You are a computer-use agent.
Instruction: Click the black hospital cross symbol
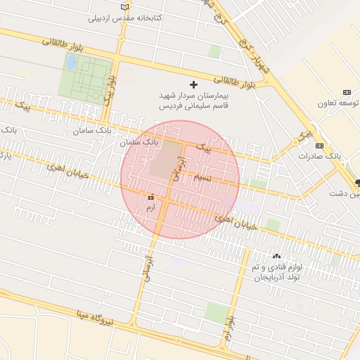pos(194,84)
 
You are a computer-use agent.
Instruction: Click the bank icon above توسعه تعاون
pos(346,93)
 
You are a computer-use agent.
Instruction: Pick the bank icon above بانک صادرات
pos(320,146)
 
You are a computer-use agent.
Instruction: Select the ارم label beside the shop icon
pos(149,208)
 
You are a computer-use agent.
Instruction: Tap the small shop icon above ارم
pos(150,198)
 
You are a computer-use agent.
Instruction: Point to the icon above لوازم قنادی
pos(276,257)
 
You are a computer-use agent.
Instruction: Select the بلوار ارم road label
pos(229,330)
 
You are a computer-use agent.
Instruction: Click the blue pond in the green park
pos(71,62)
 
